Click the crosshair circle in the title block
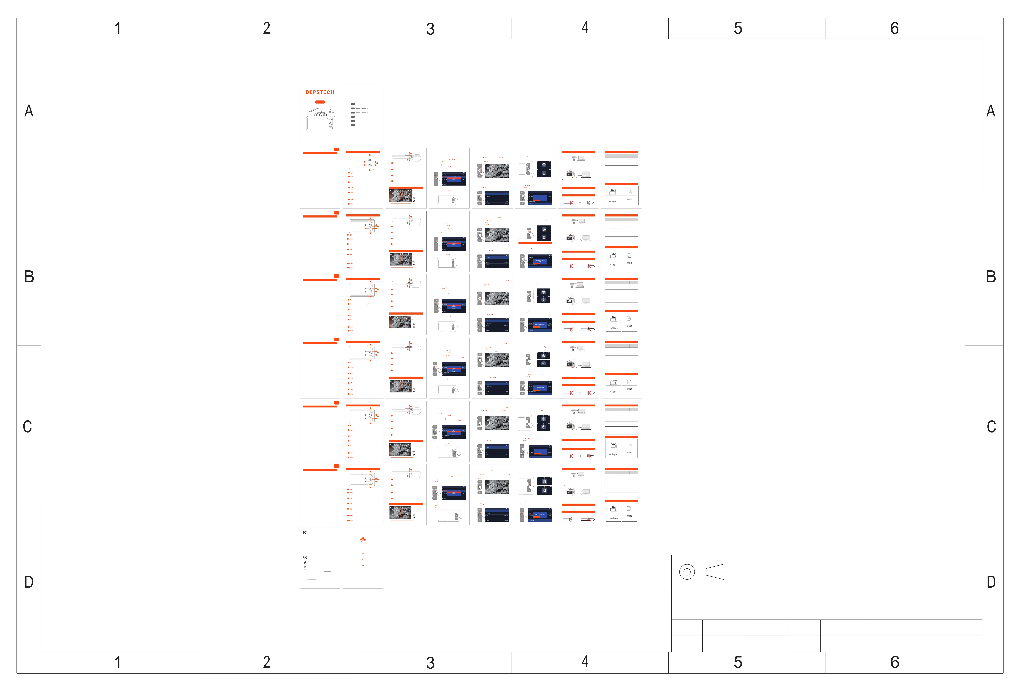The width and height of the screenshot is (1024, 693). coord(687,572)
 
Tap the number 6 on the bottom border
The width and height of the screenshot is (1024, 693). coord(894,662)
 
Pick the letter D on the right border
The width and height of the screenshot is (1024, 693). coord(991,582)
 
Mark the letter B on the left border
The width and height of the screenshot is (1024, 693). coord(29,277)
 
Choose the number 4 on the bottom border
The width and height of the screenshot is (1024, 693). coord(585,662)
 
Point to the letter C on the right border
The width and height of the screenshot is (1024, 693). coord(991,426)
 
